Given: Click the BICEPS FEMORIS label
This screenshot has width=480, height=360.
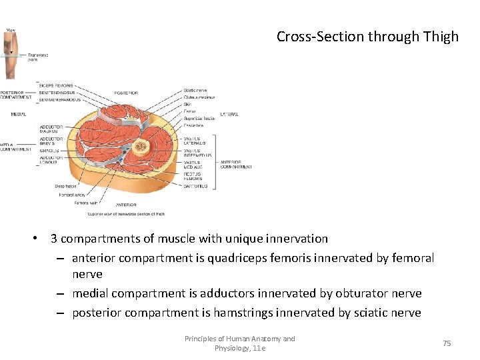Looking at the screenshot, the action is coord(56,86).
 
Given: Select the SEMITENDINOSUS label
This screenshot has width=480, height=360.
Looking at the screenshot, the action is coord(58,93).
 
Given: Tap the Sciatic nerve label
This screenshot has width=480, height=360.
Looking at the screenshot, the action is coord(195,90).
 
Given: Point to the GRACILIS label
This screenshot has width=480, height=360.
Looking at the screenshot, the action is coord(49,151).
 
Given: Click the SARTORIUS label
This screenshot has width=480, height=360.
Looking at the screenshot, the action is coord(195,187).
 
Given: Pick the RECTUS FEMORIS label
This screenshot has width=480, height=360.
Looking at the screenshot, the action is coord(193,177).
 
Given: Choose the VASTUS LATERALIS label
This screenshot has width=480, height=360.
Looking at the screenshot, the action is coord(194,141).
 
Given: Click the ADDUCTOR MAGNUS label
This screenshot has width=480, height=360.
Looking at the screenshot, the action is coord(51,129).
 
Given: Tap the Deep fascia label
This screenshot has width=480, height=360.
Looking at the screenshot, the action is coord(66,186).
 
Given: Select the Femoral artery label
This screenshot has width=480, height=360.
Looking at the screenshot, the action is coord(72,195).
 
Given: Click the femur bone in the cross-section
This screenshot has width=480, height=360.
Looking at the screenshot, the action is coord(140,147).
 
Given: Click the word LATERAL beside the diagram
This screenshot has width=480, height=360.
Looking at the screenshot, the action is coord(229,115).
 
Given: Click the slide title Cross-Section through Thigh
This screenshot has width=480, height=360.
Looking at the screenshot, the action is coord(367,37).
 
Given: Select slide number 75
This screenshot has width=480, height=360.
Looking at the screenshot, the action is coord(447,343).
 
